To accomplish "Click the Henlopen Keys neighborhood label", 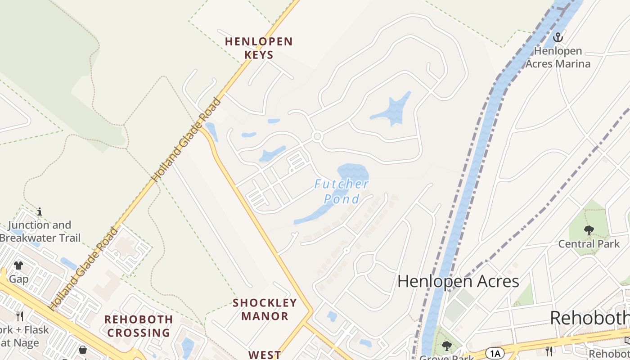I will pyautogui.click(x=259, y=48).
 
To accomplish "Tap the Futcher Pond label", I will pyautogui.click(x=342, y=191).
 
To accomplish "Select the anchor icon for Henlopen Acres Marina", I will pyautogui.click(x=558, y=37).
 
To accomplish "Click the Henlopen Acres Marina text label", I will pyautogui.click(x=558, y=57).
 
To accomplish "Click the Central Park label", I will pyautogui.click(x=589, y=244).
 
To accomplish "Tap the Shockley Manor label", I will pyautogui.click(x=265, y=309).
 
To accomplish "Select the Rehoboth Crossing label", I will pyautogui.click(x=138, y=326).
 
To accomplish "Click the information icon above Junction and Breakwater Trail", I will pyautogui.click(x=40, y=211).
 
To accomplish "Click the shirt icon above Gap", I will pyautogui.click(x=18, y=265).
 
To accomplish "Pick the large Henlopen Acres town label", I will pyautogui.click(x=458, y=281).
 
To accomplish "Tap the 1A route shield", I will pyautogui.click(x=495, y=352).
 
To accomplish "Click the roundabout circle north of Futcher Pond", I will pyautogui.click(x=317, y=136).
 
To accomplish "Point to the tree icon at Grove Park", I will pyautogui.click(x=446, y=346).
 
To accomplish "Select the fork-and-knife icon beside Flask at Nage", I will pyautogui.click(x=19, y=316).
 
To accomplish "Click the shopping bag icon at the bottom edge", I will pyautogui.click(x=83, y=350).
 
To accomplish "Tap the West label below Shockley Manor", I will pyautogui.click(x=265, y=355).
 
